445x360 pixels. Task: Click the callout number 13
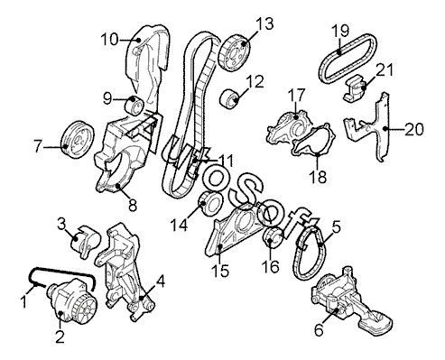[264, 23]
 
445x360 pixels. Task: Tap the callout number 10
[109, 40]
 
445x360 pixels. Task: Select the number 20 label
[414, 129]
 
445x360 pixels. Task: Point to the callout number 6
[319, 330]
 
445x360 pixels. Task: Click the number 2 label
[60, 337]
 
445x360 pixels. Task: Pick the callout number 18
[318, 177]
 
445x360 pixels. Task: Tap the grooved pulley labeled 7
[78, 139]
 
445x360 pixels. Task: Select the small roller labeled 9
[134, 105]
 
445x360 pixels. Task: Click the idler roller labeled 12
[230, 98]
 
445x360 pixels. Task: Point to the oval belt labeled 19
[348, 58]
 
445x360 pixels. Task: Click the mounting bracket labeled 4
[125, 272]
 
